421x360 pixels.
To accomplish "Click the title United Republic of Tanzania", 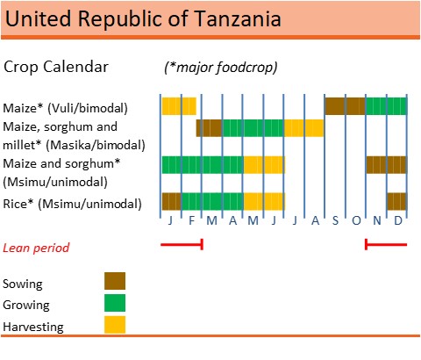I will point(144,18).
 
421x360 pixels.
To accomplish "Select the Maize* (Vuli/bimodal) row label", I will point(66,108).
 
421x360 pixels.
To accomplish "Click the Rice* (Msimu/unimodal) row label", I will point(72,203).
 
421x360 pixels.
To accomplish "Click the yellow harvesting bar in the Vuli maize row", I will point(179,106).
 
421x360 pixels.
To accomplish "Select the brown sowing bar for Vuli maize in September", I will point(345,106).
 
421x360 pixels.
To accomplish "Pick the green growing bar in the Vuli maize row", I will point(386,106).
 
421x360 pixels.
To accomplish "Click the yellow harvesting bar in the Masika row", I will point(303,128).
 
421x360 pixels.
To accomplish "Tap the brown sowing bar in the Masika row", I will point(209,128).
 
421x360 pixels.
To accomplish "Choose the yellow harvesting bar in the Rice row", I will point(264,201).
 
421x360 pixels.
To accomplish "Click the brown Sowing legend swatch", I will point(115,281).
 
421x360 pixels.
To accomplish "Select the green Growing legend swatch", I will point(115,303).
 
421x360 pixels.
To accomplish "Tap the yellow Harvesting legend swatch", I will point(115,325).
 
